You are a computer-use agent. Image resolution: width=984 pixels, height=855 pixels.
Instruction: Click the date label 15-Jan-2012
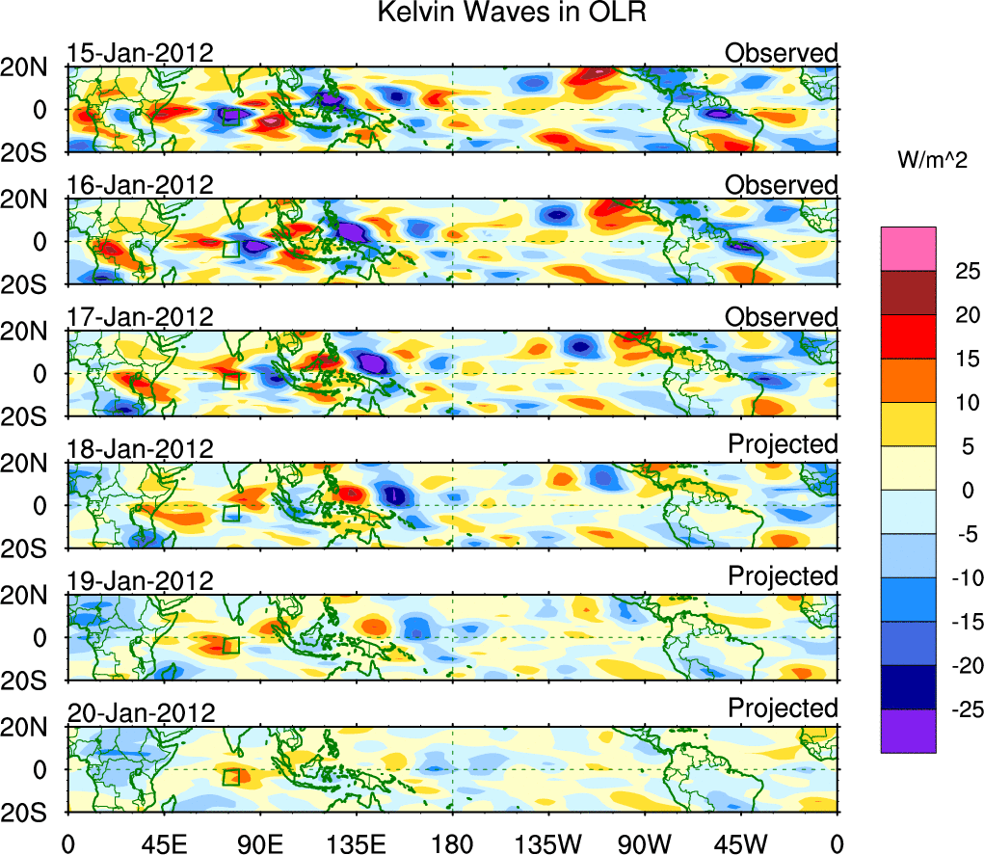pos(141,53)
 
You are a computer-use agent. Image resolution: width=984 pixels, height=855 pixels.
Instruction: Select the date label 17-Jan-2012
pos(141,317)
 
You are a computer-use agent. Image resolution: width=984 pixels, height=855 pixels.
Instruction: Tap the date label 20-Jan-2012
pos(141,713)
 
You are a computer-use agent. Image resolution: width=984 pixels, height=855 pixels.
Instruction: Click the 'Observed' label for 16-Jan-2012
pos(782,184)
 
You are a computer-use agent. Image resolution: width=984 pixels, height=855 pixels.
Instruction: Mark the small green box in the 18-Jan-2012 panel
pos(230,513)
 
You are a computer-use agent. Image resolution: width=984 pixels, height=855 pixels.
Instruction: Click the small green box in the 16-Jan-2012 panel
pos(230,249)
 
